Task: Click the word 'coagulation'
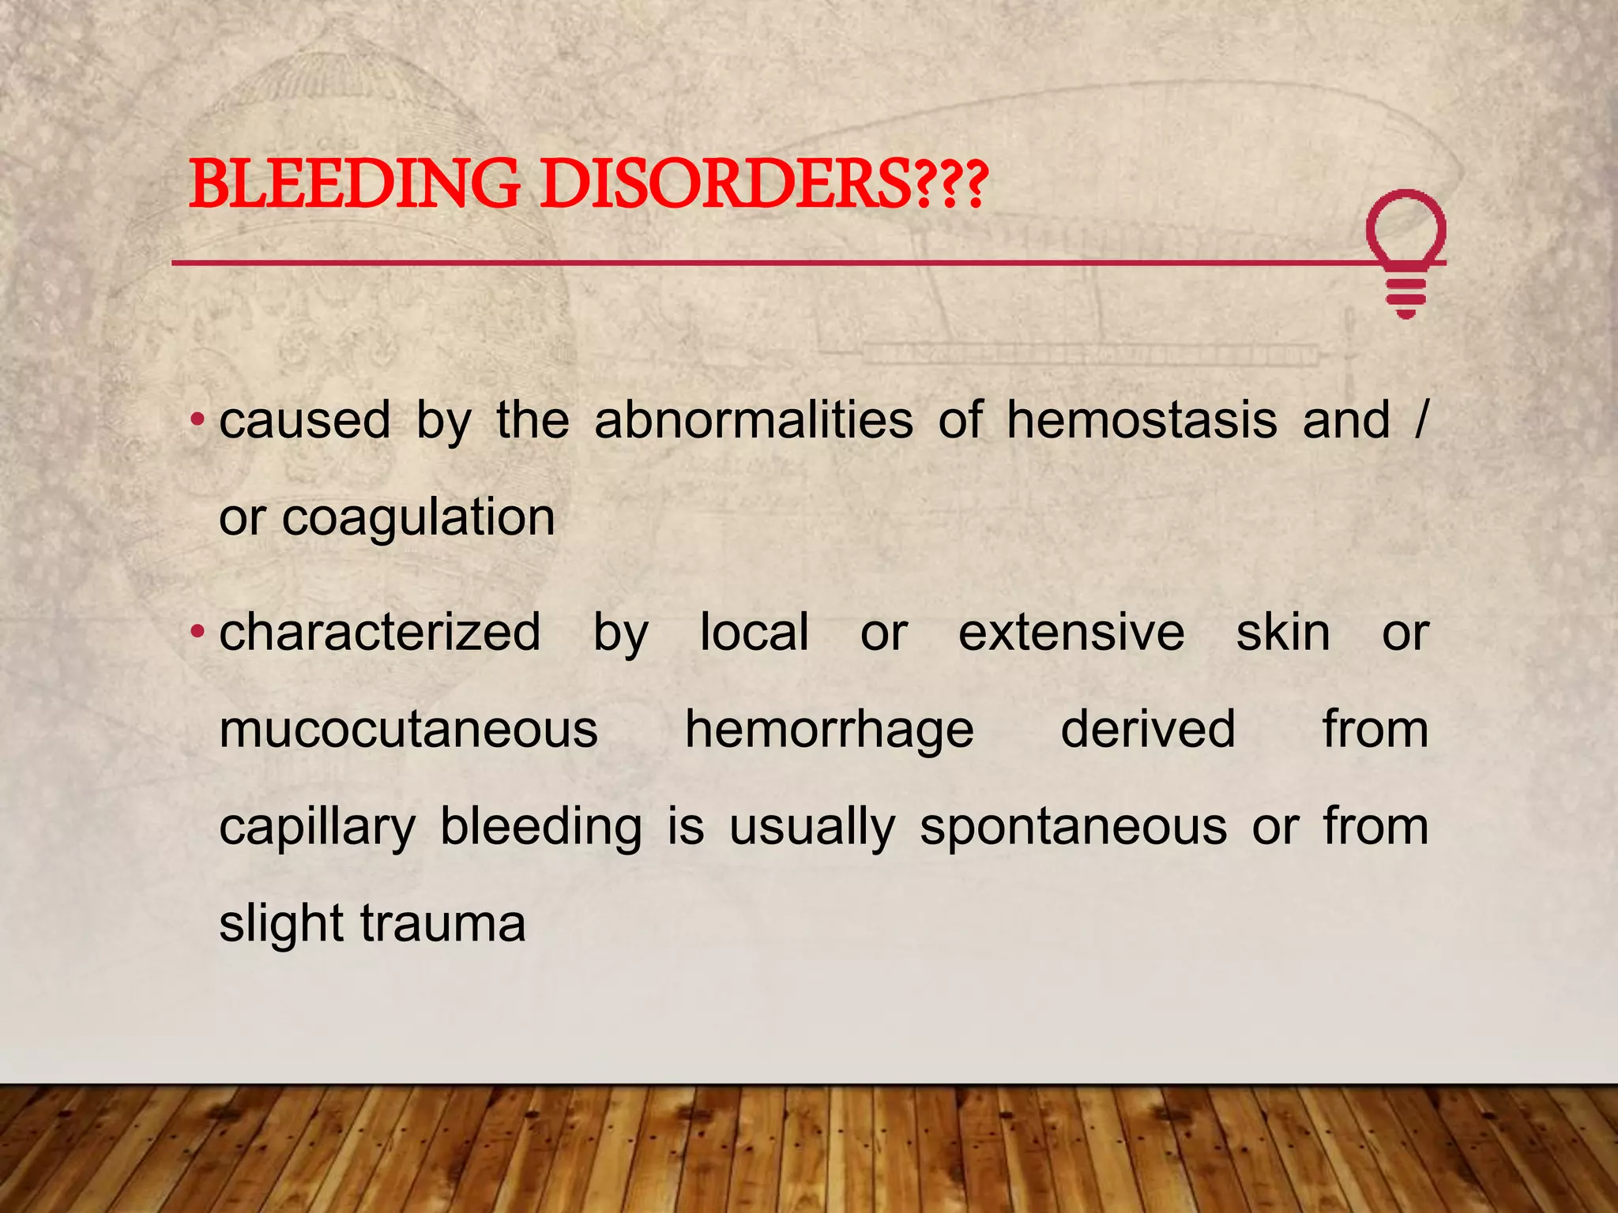[418, 517]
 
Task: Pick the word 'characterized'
[380, 632]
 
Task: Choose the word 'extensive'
[1071, 632]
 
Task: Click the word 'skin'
[1283, 632]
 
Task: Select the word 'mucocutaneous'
[408, 729]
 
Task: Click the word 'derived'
[1147, 729]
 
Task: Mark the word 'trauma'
[442, 923]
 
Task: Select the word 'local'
[754, 632]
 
